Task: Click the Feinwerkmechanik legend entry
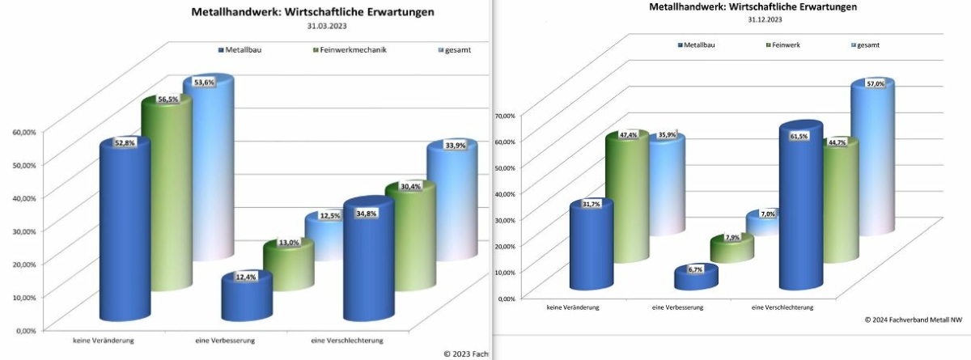[350, 49]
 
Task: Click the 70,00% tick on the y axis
[503, 116]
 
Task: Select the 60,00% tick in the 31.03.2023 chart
[23, 131]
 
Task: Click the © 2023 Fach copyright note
[464, 354]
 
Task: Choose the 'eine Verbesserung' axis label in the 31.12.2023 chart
[676, 308]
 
